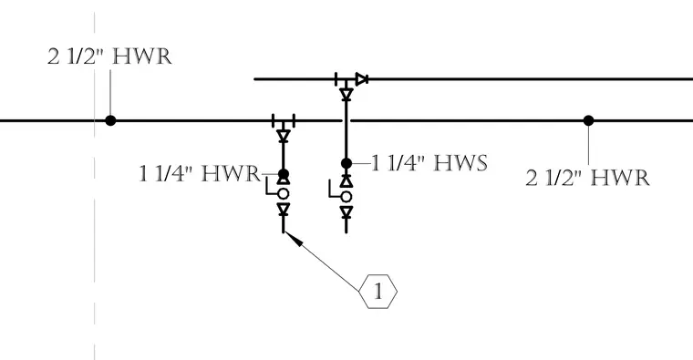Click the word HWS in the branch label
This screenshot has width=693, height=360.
pos(460,163)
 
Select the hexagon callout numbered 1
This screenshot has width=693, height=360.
pos(378,292)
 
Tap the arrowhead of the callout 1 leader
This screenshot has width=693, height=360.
pos(295,239)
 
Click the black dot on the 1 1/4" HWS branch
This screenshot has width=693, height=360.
pos(346,163)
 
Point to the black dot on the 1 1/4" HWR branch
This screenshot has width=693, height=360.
pos(284,174)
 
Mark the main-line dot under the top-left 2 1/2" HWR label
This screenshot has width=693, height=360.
pos(110,120)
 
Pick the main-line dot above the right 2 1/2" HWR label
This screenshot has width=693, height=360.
pos(588,120)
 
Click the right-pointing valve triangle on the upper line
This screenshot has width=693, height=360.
pos(362,79)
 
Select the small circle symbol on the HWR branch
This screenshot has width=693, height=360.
pos(284,193)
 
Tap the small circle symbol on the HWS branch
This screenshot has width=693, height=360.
pos(346,197)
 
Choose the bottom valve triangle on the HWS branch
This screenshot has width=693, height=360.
pos(346,212)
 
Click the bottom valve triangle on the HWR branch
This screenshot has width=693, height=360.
pos(284,209)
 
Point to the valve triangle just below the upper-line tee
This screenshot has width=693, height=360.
pos(346,94)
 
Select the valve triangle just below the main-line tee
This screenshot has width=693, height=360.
pos(284,136)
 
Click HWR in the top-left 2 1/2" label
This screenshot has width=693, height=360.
pos(142,57)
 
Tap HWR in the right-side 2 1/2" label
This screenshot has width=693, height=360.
pos(620,178)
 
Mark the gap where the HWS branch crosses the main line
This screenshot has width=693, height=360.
pos(346,120)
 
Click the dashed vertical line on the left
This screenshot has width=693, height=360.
pos(94,186)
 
